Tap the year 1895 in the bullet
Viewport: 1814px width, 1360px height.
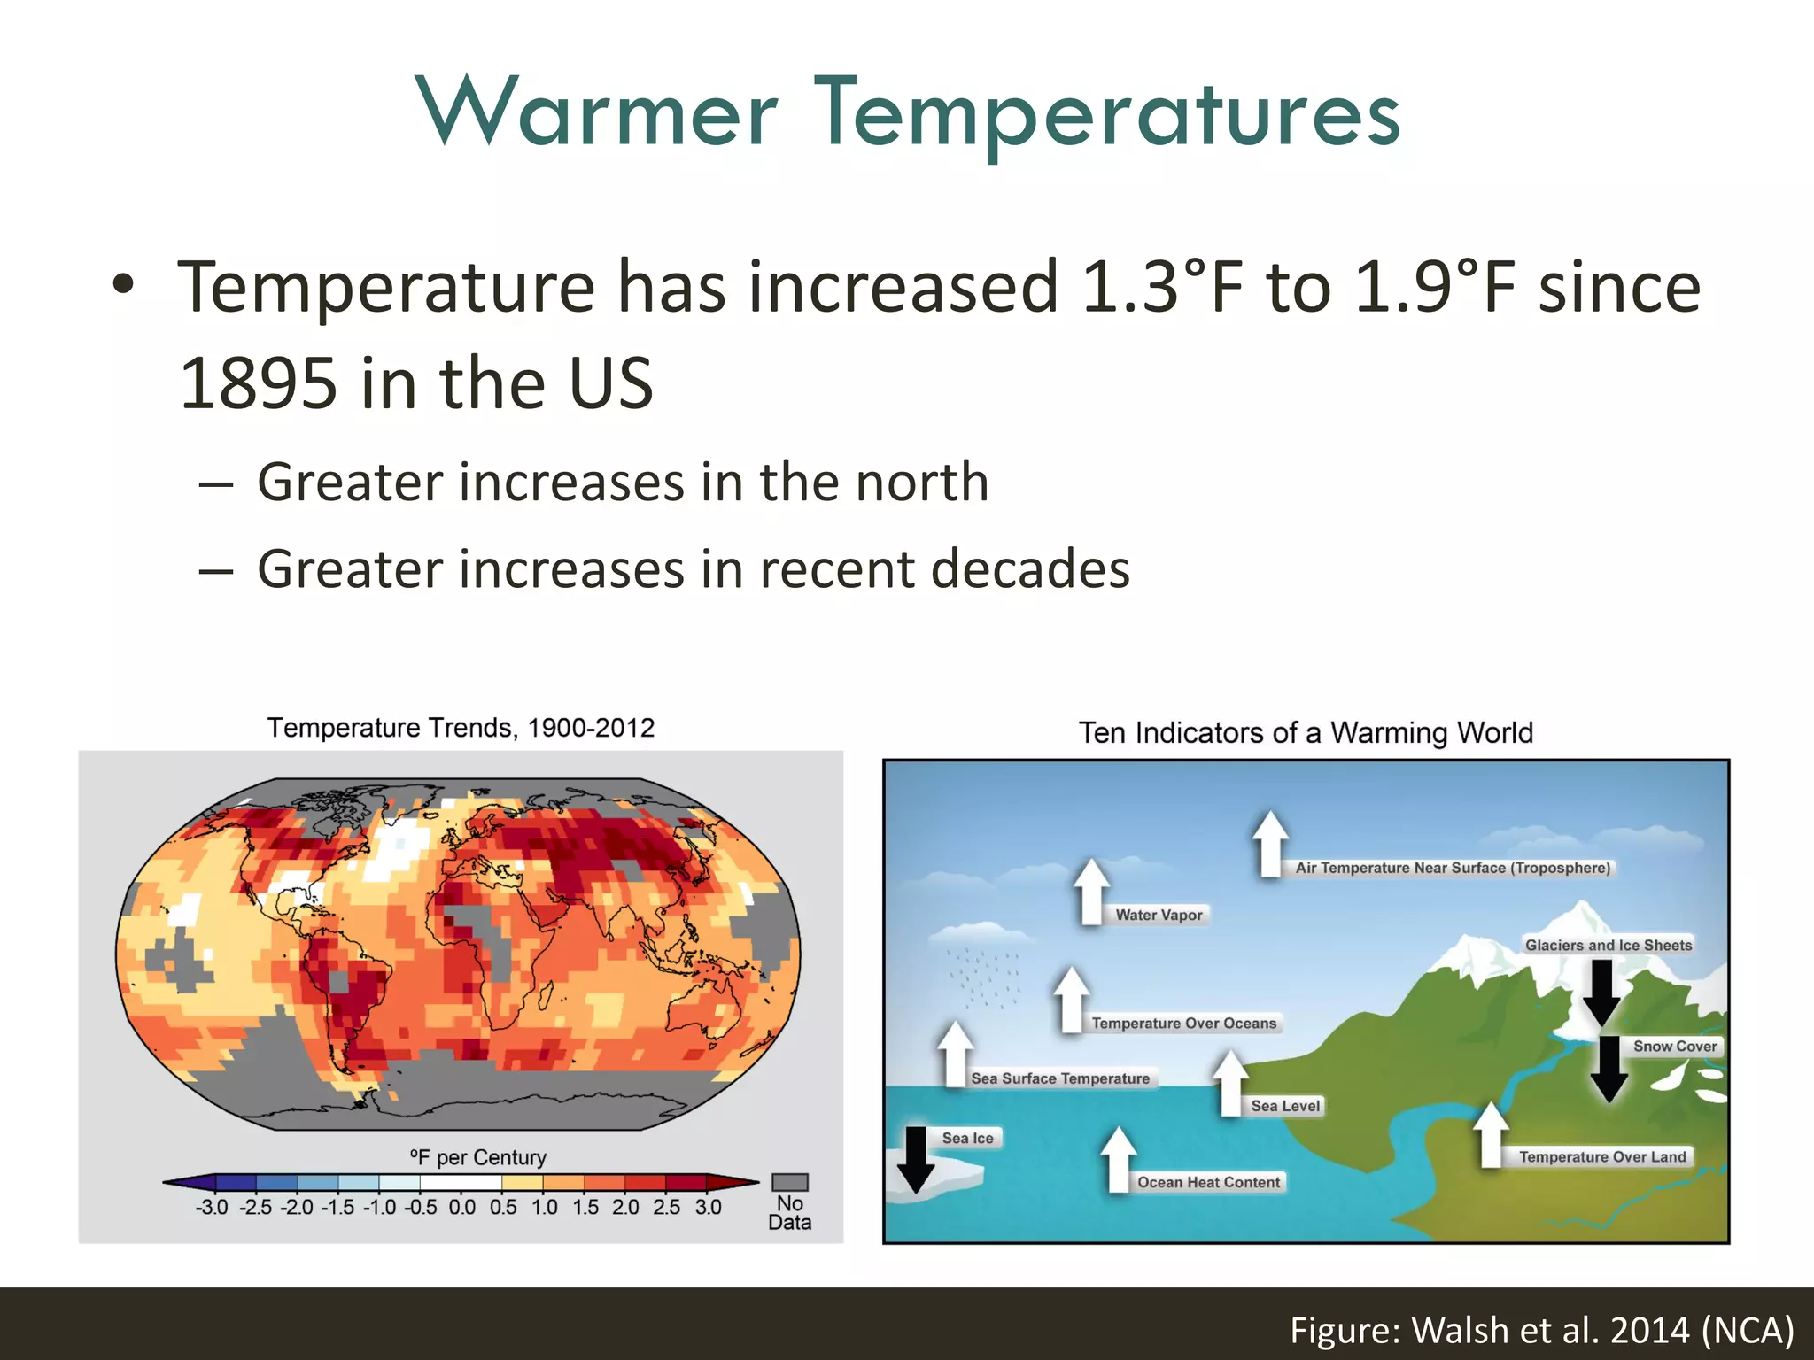[258, 383]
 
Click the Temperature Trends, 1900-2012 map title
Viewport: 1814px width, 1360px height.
[461, 728]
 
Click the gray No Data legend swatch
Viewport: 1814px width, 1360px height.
[789, 1182]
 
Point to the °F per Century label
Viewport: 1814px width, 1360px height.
[478, 1157]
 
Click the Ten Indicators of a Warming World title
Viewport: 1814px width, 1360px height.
[1306, 733]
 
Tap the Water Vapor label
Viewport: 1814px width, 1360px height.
[1159, 915]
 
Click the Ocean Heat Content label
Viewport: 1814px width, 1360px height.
[1208, 1182]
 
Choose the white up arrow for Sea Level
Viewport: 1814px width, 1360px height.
[1230, 1082]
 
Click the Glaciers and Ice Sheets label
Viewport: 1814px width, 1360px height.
[1608, 945]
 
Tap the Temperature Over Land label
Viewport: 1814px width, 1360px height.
[1601, 1156]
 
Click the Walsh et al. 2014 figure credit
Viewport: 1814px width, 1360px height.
[1541, 1330]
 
